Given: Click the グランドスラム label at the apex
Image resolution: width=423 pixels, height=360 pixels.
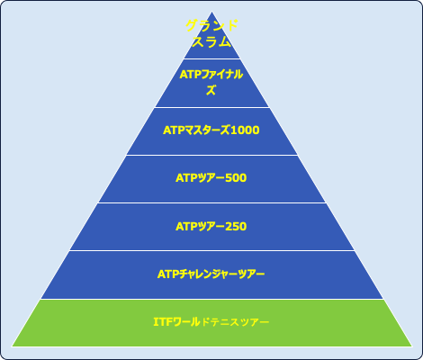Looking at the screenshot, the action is pyautogui.click(x=211, y=33).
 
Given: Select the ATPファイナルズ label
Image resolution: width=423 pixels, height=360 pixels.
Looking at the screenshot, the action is pyautogui.click(x=211, y=82).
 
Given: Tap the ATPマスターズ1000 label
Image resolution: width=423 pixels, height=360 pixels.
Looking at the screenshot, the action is pyautogui.click(x=211, y=130).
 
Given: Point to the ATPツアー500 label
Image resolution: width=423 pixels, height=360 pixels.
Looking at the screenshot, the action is pyautogui.click(x=211, y=178).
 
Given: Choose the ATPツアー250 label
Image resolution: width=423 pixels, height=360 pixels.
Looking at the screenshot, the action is pyautogui.click(x=211, y=226).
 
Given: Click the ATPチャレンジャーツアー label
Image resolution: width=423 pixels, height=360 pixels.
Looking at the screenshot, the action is pyautogui.click(x=211, y=274).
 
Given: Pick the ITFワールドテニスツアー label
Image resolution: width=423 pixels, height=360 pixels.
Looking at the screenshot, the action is pyautogui.click(x=211, y=322).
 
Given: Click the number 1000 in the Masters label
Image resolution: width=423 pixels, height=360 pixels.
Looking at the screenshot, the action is pyautogui.click(x=245, y=130).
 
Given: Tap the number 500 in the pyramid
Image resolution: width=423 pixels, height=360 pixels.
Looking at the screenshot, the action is pyautogui.click(x=236, y=178).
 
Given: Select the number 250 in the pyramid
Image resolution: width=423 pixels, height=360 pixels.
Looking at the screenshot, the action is pyautogui.click(x=236, y=226).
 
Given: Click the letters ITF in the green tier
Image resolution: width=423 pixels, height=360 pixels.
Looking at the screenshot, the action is pyautogui.click(x=163, y=322).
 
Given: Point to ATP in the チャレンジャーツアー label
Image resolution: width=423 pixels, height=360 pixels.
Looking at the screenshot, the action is pyautogui.click(x=168, y=274).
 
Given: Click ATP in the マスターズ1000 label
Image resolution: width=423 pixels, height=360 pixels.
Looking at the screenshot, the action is pyautogui.click(x=174, y=130).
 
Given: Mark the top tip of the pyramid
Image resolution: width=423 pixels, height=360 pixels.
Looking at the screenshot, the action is pyautogui.click(x=211, y=12).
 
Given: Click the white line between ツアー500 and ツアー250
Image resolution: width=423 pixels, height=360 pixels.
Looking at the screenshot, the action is pyautogui.click(x=211, y=203).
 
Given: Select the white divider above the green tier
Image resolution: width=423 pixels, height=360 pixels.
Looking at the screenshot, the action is pyautogui.click(x=211, y=299).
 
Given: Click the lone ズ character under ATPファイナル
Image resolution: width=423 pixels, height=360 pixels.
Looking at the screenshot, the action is pyautogui.click(x=211, y=90).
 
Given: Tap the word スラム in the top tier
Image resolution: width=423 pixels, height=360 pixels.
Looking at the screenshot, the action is pyautogui.click(x=211, y=41).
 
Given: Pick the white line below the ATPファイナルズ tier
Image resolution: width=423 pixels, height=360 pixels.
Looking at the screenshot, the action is pyautogui.click(x=211, y=107).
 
